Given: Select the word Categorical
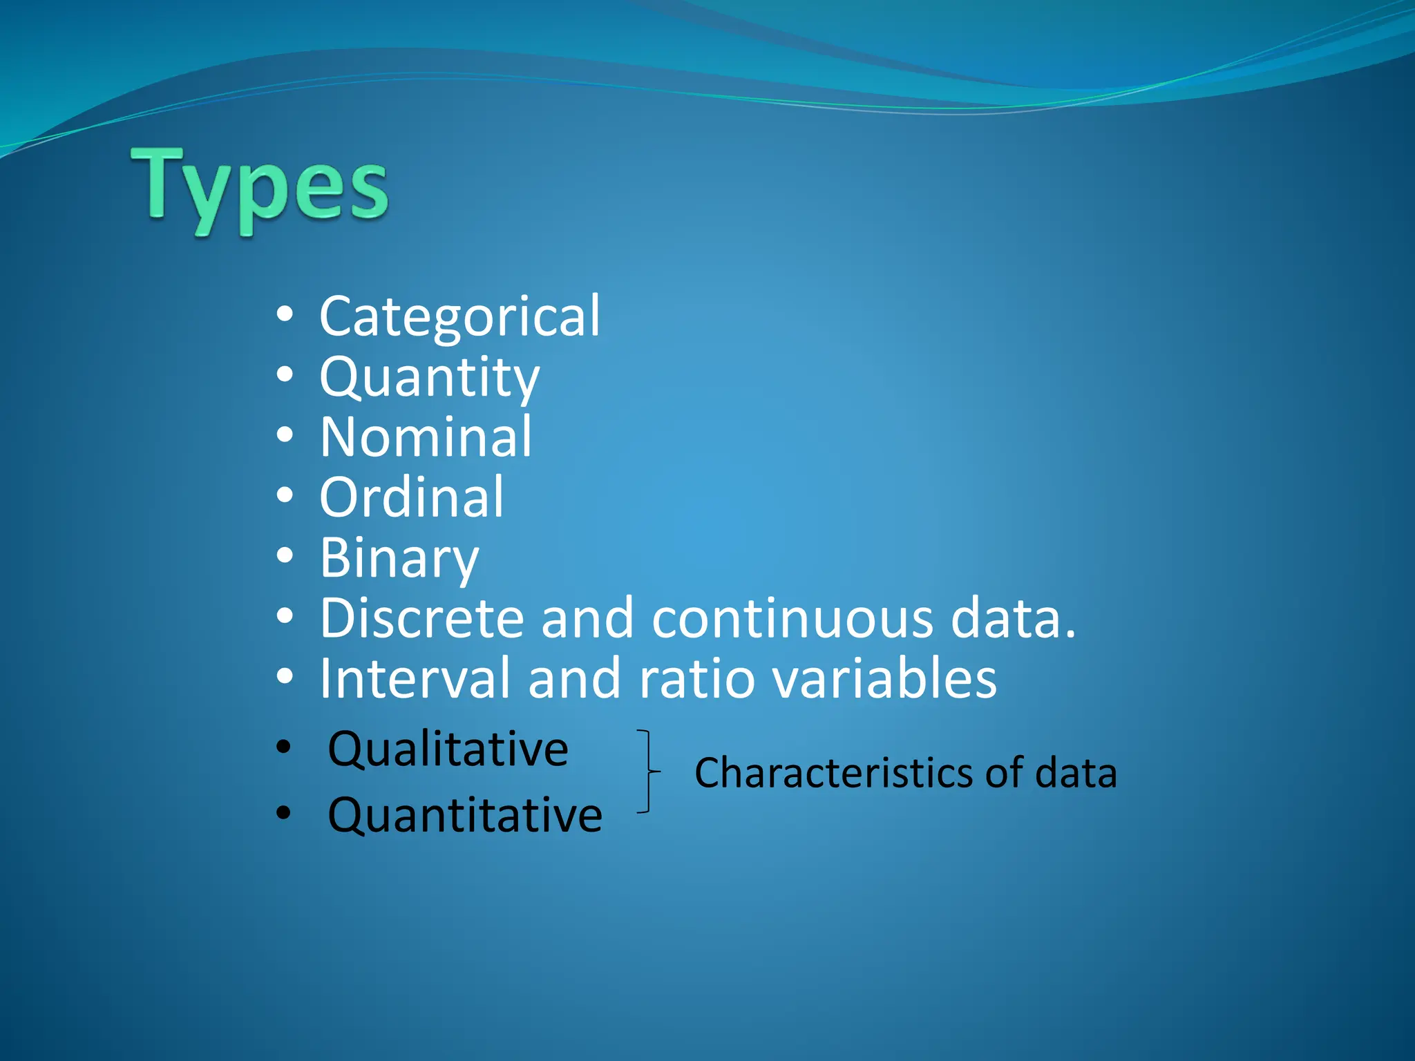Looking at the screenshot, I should pos(459,316).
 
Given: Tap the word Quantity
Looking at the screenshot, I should pos(429,378).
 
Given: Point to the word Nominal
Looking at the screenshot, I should pos(426,437).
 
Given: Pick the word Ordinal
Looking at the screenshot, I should pos(412,497).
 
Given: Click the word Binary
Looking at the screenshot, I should pos(399,558).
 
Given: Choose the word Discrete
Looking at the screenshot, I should pos(421,618).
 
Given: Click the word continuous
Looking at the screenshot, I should pos(792,618).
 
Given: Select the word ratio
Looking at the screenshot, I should pos(696,678).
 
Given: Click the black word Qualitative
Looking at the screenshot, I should pos(448,749).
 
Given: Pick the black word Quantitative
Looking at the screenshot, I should pos(465,815).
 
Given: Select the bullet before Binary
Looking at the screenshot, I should pos(285,556).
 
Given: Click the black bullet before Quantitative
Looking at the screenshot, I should pos(283,813).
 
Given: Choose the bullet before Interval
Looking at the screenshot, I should pos(285,677).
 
